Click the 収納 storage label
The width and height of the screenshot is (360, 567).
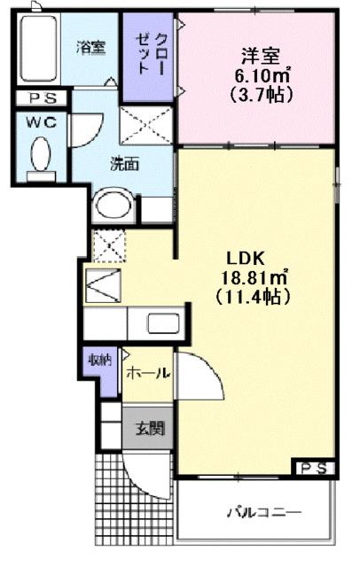coord(98,360)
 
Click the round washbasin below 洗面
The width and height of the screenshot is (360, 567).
coord(113,207)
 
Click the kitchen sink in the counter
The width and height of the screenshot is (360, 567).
coord(162,324)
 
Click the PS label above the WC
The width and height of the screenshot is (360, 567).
coord(39,98)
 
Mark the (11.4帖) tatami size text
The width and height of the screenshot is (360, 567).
coord(255,298)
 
